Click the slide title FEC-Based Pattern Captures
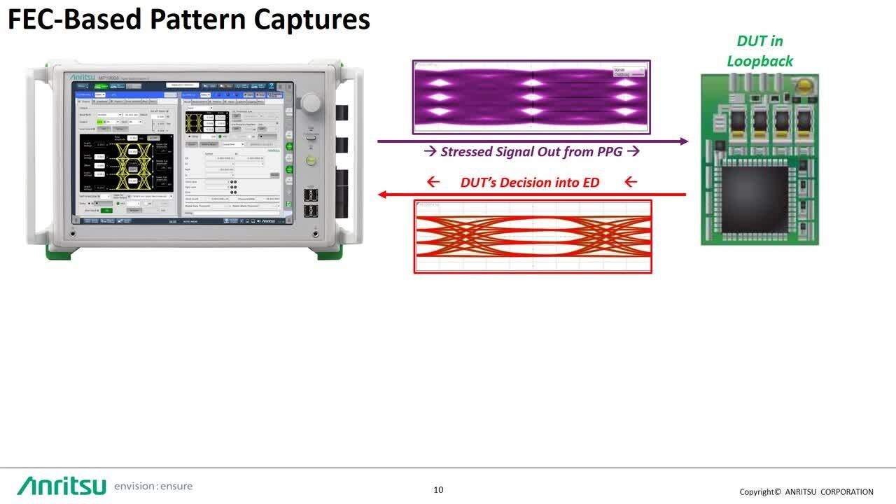coord(188,20)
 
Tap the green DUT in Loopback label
coord(759,51)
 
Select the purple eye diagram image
coord(531,97)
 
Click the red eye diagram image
coord(533,237)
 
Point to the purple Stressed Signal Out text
coord(532,151)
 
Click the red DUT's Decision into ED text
coord(530,182)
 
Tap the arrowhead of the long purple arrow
coord(684,141)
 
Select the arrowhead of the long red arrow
coord(383,195)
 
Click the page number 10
coord(438,489)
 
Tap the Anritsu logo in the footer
coord(62,485)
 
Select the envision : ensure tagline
coord(153,486)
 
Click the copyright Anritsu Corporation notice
coord(806,491)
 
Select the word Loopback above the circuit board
coord(759,61)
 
